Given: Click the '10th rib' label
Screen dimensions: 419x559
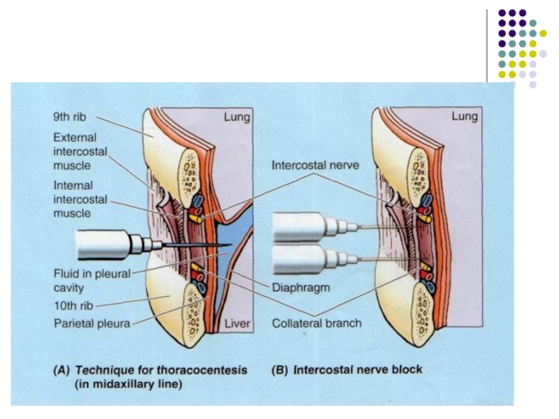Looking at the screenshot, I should click(72, 305).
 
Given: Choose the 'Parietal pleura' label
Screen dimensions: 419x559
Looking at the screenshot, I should click(90, 323).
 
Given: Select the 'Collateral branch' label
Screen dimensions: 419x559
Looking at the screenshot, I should click(317, 323).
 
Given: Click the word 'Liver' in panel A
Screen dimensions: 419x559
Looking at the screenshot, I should click(235, 324).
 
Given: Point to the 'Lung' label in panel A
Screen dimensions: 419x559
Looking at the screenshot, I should click(236, 117).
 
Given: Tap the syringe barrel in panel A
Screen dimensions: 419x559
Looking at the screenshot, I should click(105, 245).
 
